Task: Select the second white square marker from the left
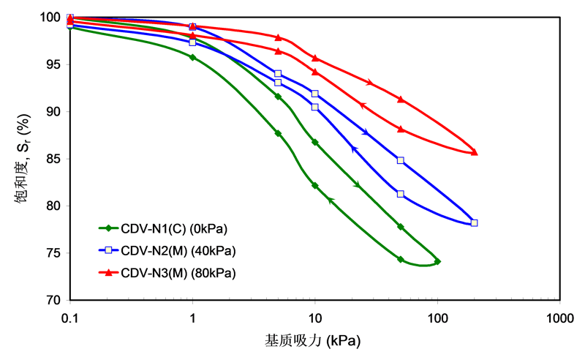(192, 42)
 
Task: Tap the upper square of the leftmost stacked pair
(278, 74)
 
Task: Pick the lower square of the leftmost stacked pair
(278, 83)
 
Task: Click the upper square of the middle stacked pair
(315, 94)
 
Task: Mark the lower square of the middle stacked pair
(315, 107)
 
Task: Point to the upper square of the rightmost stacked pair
(401, 160)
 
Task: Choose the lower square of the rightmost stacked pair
(401, 194)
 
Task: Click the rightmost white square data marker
(475, 222)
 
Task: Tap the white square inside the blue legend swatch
(108, 250)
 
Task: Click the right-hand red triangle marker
(192, 26)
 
